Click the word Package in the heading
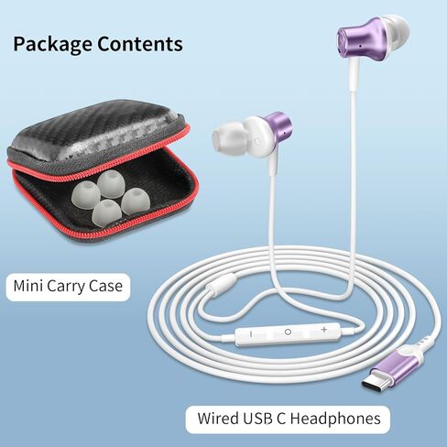point(52,45)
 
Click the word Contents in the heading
point(140,43)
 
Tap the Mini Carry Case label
point(68,287)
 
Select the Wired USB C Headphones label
point(288,419)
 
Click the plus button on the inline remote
point(324,330)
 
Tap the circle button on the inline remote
point(288,332)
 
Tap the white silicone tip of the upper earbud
point(396,31)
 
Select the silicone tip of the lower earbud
point(226,136)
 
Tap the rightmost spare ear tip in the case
point(136,201)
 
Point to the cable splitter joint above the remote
point(222,282)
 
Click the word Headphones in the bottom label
point(335,419)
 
